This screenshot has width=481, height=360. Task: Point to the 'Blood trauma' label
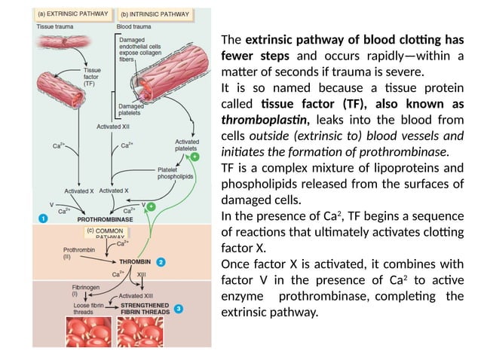135,27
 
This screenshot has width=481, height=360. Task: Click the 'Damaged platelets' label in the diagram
131,111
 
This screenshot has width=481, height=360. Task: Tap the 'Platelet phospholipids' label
176,172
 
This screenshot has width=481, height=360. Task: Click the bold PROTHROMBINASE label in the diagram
106,219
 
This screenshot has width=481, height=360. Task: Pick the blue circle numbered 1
43,218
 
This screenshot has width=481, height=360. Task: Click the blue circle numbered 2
161,262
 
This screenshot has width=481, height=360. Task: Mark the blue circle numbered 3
178,308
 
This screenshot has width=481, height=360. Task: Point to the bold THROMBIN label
136,262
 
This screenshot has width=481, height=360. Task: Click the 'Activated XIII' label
136,296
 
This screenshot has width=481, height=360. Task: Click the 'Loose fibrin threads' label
88,308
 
